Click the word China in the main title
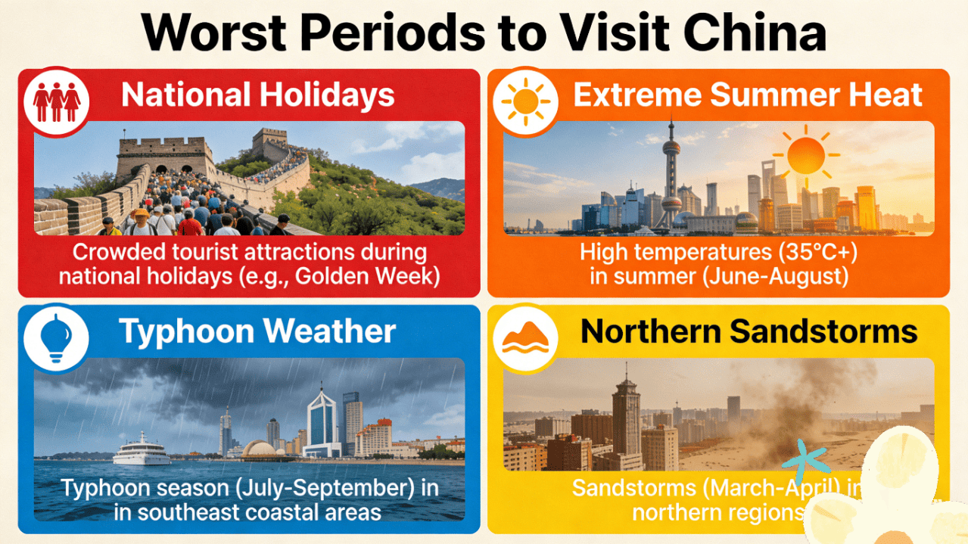tap(755, 33)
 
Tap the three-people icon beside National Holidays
tap(57, 102)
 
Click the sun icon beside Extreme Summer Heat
tap(526, 102)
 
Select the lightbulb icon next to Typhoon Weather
tap(56, 338)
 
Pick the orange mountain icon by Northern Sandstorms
tap(525, 338)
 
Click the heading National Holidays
tap(257, 95)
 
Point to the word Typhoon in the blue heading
tap(187, 332)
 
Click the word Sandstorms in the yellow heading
tap(823, 331)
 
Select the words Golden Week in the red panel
tap(364, 276)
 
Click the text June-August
tap(776, 276)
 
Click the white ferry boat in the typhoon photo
tap(142, 450)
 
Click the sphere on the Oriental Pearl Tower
tap(671, 148)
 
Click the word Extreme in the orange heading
tap(637, 95)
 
